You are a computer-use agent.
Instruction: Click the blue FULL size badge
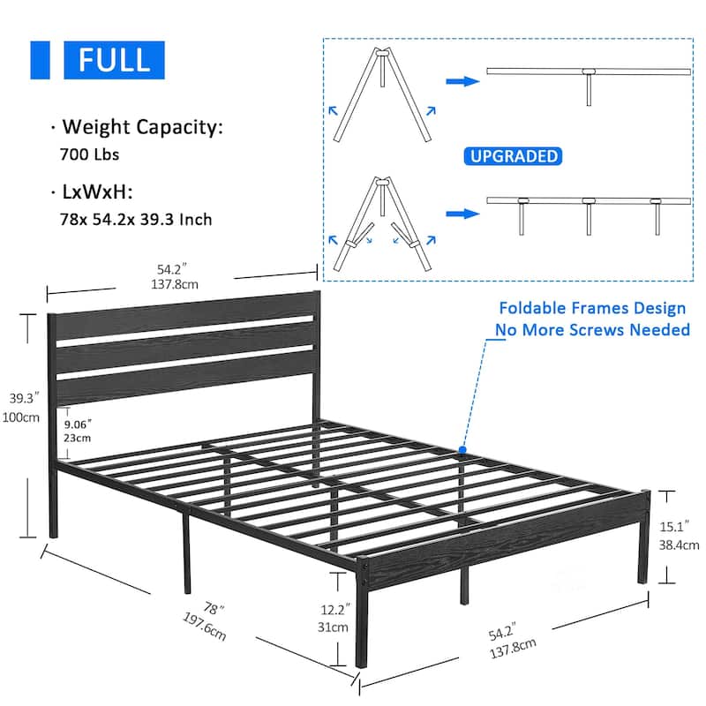click(114, 60)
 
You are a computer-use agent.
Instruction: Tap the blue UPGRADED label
click(513, 156)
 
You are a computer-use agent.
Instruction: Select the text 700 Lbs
click(90, 154)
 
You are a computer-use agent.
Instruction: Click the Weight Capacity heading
click(142, 126)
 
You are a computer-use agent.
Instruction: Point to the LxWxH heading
click(97, 192)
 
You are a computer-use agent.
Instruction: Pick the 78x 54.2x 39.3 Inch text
click(136, 220)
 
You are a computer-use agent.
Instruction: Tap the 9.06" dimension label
click(78, 424)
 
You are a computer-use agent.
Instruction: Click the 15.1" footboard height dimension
click(674, 526)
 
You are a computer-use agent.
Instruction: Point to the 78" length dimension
click(214, 609)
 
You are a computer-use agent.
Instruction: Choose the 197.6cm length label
click(205, 626)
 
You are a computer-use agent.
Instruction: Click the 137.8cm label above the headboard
click(175, 284)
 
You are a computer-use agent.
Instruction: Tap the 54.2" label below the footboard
click(502, 633)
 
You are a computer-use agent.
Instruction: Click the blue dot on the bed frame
click(462, 449)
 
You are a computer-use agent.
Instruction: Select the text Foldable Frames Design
click(592, 308)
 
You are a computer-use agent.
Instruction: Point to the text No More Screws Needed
click(592, 329)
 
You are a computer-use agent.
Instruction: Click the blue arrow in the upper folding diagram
click(462, 81)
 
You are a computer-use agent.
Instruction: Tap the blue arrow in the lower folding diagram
click(462, 214)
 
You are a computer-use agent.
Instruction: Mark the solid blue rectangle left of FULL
click(40, 60)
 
